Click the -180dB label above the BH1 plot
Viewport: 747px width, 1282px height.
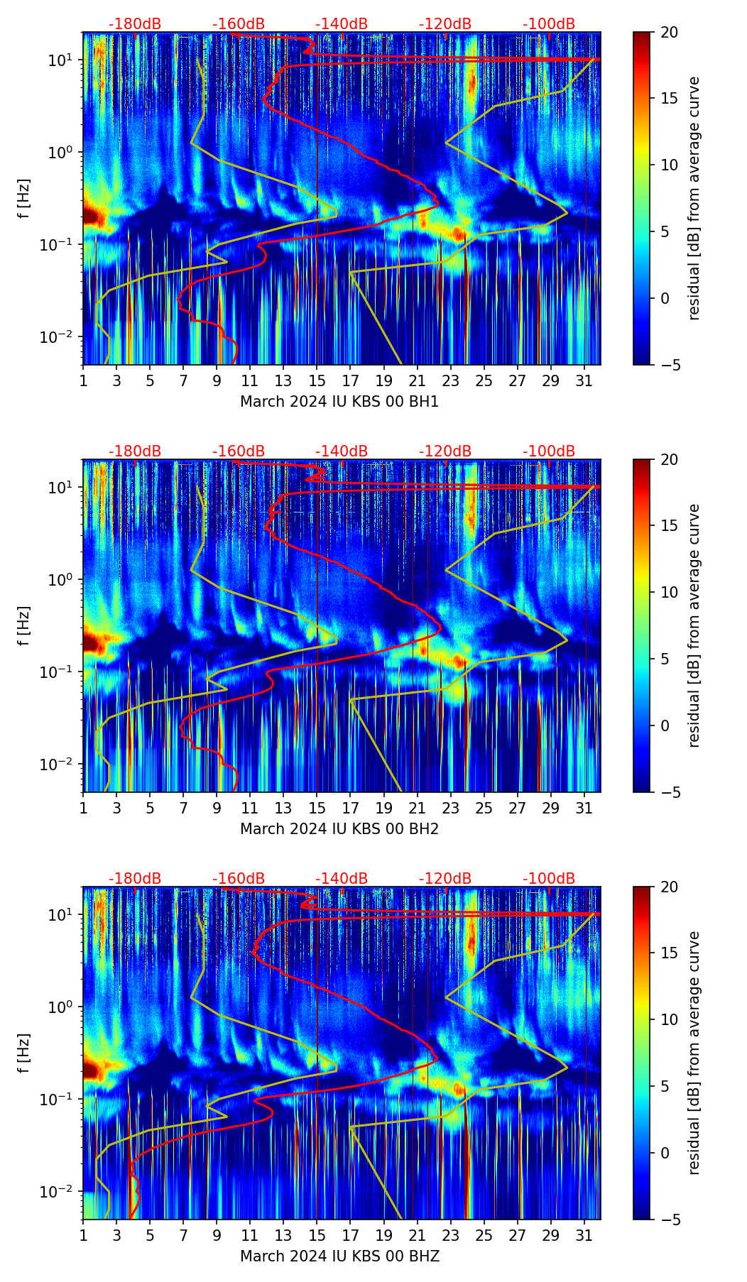135,24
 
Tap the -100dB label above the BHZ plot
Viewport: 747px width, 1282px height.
549,879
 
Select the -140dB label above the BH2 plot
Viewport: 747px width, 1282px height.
342,451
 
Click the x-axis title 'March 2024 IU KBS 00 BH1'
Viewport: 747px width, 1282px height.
339,402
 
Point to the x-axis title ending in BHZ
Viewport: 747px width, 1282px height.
339,1256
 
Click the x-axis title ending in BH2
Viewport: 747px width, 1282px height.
339,829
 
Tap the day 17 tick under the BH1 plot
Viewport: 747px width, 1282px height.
351,381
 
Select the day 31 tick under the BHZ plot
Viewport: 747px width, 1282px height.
584,1236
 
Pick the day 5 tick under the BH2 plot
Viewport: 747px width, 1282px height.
150,809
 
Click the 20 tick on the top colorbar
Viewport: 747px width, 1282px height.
669,32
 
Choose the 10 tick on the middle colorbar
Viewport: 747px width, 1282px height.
669,592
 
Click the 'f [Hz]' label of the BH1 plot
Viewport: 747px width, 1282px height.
24,199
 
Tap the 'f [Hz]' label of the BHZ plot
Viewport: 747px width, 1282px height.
24,1053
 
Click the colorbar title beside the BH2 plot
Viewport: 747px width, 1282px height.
694,625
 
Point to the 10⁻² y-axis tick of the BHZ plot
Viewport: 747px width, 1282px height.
60,1190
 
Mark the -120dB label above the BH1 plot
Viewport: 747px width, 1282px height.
445,24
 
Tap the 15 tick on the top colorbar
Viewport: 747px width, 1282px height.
669,99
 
